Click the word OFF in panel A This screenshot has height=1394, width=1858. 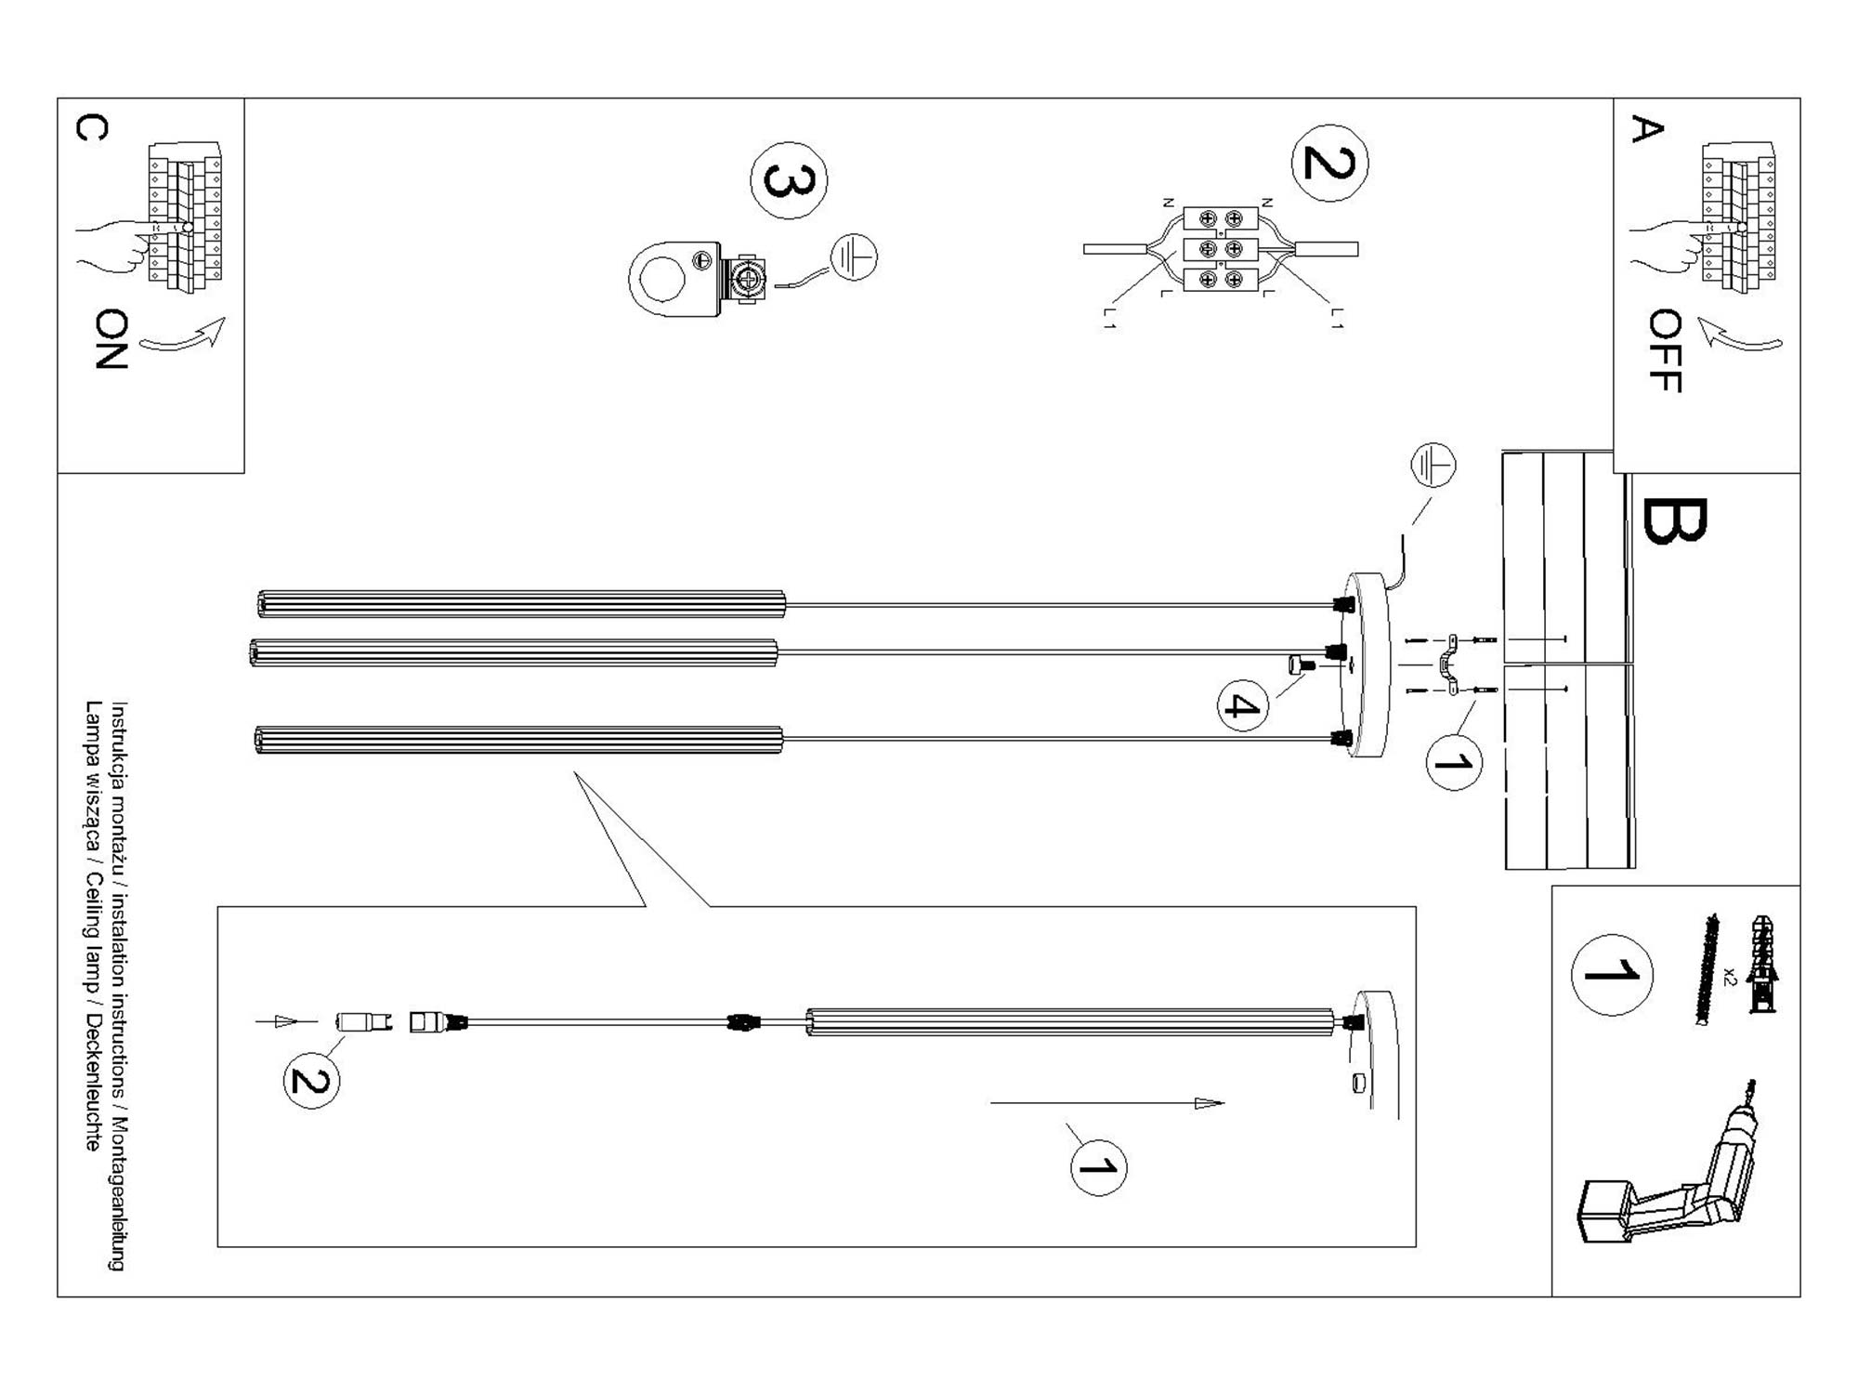pos(1665,350)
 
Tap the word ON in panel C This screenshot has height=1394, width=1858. pos(111,339)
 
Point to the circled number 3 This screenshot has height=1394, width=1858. pos(789,180)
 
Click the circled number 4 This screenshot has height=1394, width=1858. pos(1242,706)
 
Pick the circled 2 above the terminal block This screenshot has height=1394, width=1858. pos(1329,163)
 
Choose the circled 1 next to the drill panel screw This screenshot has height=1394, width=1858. pos(1611,974)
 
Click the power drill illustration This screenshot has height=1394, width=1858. pos(1663,1176)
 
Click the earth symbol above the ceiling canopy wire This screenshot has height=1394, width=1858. pos(1433,465)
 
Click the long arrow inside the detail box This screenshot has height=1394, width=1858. pos(1106,1103)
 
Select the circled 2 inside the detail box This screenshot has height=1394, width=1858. pos(311,1081)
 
